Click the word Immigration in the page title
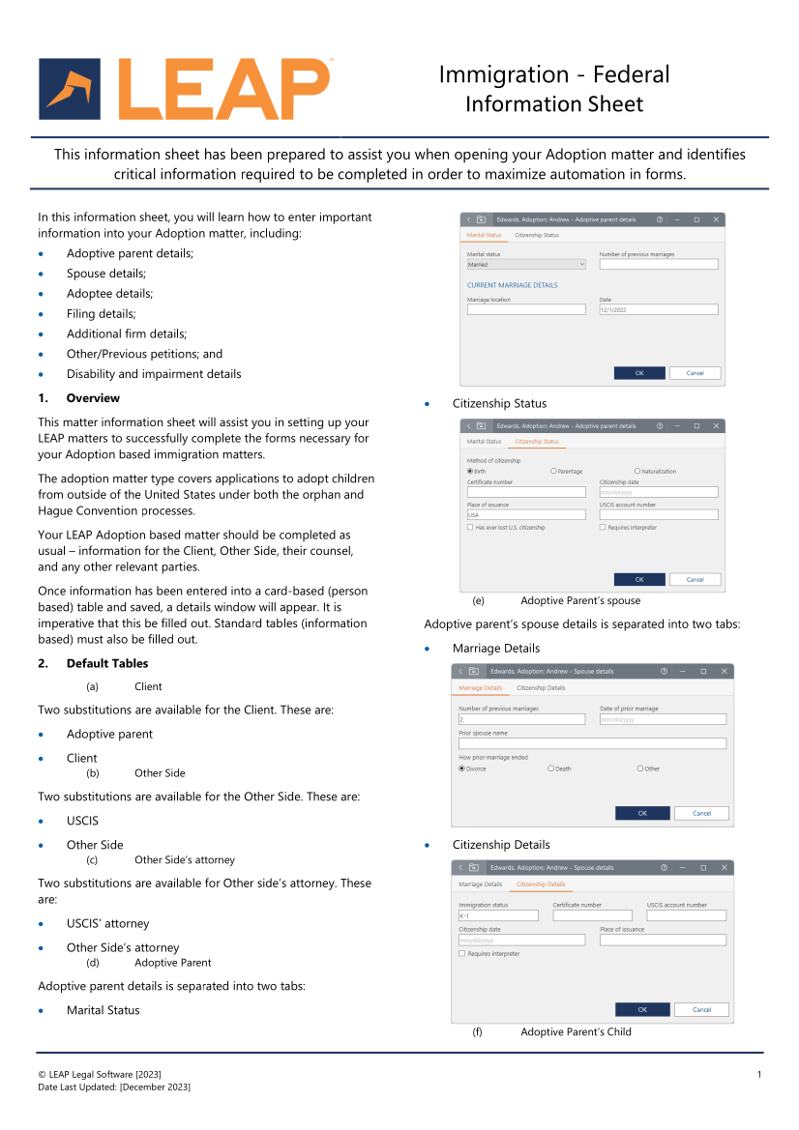503,74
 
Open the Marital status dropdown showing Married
526,264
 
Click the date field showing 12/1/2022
658,309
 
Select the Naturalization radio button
637,471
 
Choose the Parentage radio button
553,471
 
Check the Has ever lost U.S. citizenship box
470,527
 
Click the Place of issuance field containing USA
526,515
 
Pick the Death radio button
551,768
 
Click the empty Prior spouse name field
592,743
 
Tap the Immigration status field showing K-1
497,915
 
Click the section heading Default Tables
106,663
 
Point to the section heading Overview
93,398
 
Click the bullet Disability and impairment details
154,374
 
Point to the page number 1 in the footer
759,1075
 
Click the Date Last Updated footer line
113,1087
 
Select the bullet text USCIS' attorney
107,923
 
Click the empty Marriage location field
526,309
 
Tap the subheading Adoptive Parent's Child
576,1031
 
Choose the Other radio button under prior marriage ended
640,768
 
